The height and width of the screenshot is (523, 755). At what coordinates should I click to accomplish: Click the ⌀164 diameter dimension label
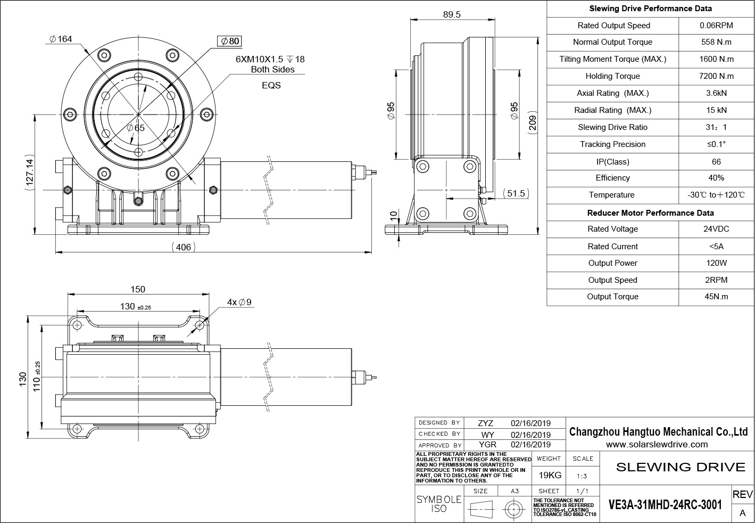(x=60, y=38)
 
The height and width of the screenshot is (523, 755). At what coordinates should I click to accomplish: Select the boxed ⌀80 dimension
(x=230, y=41)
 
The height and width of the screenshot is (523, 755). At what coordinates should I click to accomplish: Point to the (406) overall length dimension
(x=182, y=247)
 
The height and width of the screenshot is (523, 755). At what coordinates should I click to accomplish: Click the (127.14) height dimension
(x=29, y=171)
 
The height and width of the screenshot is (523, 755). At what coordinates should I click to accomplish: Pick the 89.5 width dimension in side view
(x=451, y=15)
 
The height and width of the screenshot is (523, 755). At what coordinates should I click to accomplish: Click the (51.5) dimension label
(x=515, y=193)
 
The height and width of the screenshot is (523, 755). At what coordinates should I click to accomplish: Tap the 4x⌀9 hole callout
(x=239, y=302)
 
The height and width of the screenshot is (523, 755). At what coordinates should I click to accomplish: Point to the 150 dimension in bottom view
(x=138, y=289)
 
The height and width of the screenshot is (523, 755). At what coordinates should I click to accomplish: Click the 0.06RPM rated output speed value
(x=716, y=26)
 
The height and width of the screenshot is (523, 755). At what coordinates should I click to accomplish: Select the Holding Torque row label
(x=612, y=76)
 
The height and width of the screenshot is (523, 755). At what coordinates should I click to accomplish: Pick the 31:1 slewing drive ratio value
(x=716, y=127)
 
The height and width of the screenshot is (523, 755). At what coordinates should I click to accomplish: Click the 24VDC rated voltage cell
(x=716, y=229)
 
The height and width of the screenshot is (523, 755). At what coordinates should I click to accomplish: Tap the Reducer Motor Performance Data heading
(x=650, y=213)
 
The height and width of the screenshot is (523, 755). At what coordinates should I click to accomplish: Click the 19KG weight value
(x=550, y=475)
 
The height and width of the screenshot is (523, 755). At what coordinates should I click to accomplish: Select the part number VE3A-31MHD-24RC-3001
(x=665, y=504)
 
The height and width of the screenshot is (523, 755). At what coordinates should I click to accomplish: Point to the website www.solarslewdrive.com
(x=657, y=444)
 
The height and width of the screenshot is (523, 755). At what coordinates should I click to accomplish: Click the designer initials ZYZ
(x=485, y=423)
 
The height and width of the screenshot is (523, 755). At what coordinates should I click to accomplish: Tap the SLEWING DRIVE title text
(x=681, y=467)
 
